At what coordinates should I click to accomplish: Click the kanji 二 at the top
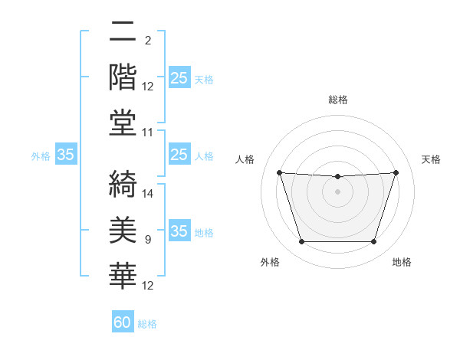point(123,32)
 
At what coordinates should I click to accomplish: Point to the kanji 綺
point(123,182)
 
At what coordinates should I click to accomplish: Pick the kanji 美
point(123,228)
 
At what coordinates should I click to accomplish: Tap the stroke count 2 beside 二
point(148,40)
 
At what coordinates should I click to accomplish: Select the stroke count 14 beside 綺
point(149,194)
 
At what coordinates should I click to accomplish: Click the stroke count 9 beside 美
point(148,240)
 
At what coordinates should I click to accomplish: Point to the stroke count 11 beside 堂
point(148,133)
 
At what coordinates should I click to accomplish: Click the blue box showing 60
point(123,322)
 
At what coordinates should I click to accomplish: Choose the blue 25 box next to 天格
point(179,77)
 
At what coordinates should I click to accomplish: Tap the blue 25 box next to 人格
point(179,155)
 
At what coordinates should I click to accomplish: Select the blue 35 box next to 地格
point(179,231)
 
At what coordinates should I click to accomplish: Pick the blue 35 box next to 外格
point(66,155)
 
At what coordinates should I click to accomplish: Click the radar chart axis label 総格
point(337,100)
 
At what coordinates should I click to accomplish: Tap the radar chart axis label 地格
point(402,262)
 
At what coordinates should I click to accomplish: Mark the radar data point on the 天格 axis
point(396,172)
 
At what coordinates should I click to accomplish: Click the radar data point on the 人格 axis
point(280,172)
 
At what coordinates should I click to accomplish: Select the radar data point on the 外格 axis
point(301,242)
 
